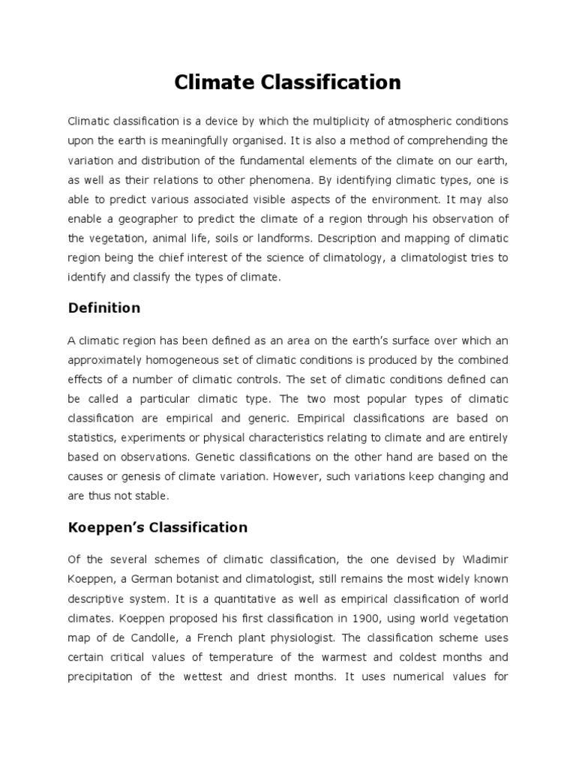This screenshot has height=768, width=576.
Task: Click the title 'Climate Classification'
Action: [x=287, y=82]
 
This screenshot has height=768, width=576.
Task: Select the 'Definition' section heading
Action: [x=103, y=307]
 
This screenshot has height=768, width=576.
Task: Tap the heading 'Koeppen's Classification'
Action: [x=157, y=527]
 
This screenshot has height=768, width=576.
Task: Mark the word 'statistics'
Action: [x=92, y=437]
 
